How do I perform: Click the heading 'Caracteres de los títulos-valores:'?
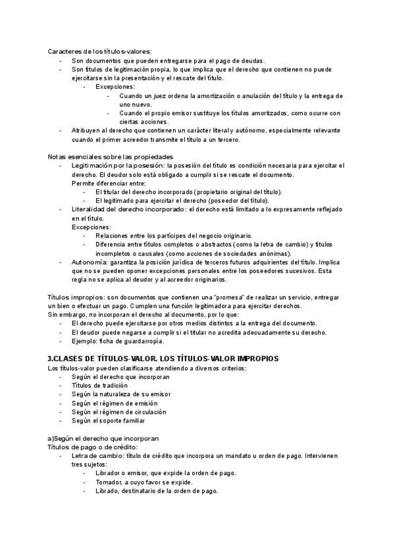[99, 51]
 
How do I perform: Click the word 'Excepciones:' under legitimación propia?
[115, 87]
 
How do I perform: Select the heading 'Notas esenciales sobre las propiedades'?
[110, 157]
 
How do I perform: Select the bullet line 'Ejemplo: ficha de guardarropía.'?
[118, 341]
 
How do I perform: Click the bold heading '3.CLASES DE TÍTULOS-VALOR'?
[103, 358]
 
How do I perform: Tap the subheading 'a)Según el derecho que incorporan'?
[103, 438]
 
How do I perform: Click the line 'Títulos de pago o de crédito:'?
[92, 447]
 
